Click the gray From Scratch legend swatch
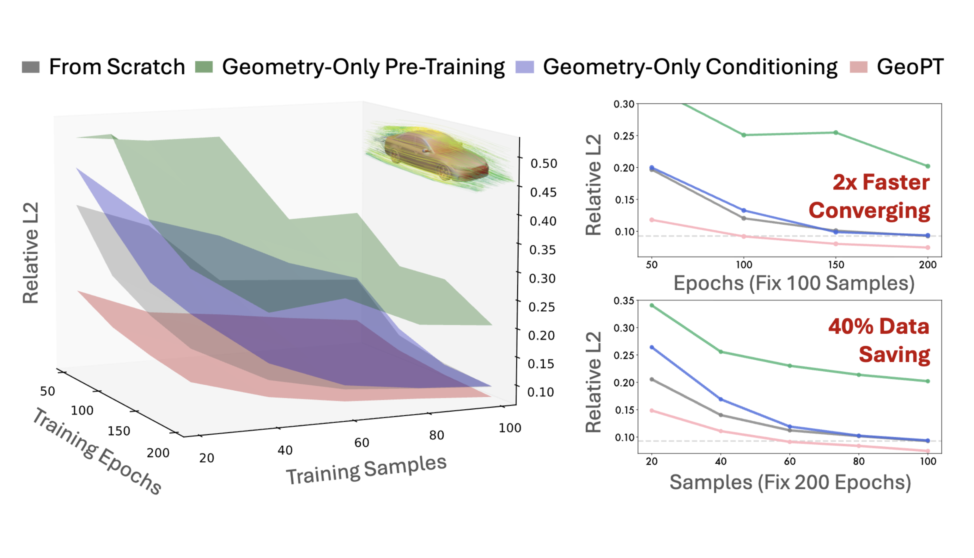pyautogui.click(x=31, y=67)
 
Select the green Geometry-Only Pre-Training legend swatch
pyautogui.click(x=204, y=67)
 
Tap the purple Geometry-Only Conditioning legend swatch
pyautogui.click(x=525, y=67)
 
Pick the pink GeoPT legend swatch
pyautogui.click(x=858, y=67)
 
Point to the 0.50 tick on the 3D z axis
pyautogui.click(x=543, y=164)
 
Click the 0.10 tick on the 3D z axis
pyautogui.click(x=540, y=392)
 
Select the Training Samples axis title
pyautogui.click(x=366, y=470)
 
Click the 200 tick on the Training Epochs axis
pyautogui.click(x=158, y=453)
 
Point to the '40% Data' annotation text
pyautogui.click(x=879, y=326)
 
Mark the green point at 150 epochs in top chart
pyautogui.click(x=836, y=133)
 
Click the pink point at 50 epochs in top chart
pyautogui.click(x=652, y=220)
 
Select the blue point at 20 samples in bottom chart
pyautogui.click(x=652, y=347)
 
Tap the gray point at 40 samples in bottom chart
pyautogui.click(x=721, y=415)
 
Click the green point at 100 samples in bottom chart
pyautogui.click(x=928, y=381)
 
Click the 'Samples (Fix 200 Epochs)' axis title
pyautogui.click(x=790, y=482)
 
